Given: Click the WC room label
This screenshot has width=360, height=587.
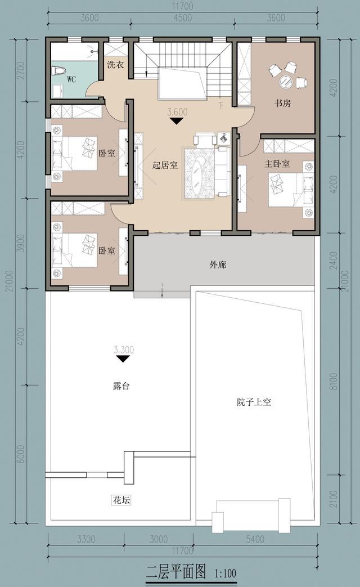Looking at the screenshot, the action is (71, 79).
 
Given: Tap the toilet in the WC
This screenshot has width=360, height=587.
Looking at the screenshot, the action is (59, 70).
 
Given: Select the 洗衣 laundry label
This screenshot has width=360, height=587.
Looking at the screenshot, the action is (115, 64).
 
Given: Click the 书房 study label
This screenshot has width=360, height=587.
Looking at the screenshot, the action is (282, 103).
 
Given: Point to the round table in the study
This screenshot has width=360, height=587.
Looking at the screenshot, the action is (286, 81).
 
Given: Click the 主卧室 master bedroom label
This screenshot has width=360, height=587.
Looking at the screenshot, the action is (277, 164).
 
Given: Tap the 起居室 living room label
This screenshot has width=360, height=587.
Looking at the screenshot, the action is (165, 165).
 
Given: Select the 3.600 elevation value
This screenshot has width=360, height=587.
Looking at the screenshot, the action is (177, 112).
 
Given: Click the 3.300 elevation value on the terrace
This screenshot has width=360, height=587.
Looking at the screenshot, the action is (124, 350).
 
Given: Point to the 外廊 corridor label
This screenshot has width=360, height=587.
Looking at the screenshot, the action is (218, 265).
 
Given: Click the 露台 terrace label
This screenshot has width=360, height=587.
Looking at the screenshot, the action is (121, 386).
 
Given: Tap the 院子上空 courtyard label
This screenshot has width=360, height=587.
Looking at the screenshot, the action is (254, 402).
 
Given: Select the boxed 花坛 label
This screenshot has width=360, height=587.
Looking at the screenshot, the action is (121, 500).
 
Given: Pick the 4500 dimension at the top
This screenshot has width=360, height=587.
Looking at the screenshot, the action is (183, 18).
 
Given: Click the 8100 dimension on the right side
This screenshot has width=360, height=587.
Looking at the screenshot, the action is (334, 381).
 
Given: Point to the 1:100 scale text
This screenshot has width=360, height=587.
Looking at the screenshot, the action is (226, 573).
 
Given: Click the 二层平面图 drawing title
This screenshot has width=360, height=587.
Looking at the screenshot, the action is (176, 572).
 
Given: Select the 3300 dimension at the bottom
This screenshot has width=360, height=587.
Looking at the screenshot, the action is (86, 539).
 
